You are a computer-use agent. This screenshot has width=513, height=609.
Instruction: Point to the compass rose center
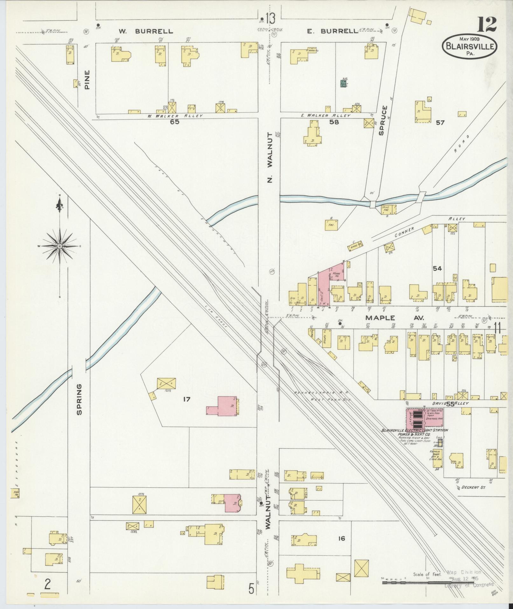[60, 246]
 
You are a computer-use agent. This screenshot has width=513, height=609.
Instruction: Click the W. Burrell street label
[146, 31]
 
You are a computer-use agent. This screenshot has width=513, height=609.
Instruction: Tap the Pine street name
[87, 80]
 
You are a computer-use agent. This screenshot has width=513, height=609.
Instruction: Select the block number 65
[175, 122]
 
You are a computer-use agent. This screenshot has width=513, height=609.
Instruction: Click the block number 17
[186, 399]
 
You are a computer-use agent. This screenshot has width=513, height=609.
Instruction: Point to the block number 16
[342, 538]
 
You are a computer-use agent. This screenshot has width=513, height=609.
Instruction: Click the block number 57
[440, 123]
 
